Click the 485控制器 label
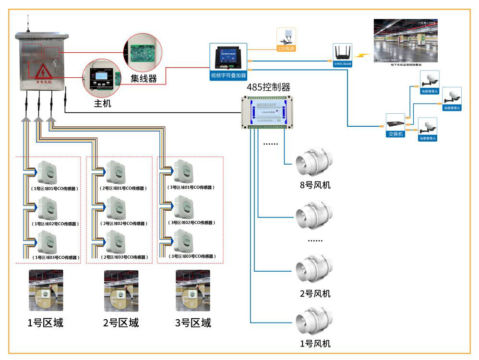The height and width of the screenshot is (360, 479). (x=268, y=87)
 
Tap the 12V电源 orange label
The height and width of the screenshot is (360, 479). (x=287, y=48)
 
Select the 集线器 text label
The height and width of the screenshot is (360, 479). (x=144, y=78)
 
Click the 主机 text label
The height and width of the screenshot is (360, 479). (x=102, y=103)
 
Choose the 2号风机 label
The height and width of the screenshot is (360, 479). (x=315, y=293)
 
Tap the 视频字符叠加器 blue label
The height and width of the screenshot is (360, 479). (x=228, y=75)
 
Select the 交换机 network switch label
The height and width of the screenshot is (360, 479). (x=395, y=134)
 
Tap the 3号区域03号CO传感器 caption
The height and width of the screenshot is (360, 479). (x=190, y=257)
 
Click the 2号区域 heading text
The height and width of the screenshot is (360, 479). (x=121, y=323)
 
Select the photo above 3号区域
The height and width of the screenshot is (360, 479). (x=192, y=290)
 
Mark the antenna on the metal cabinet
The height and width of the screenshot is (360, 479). (x=28, y=24)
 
